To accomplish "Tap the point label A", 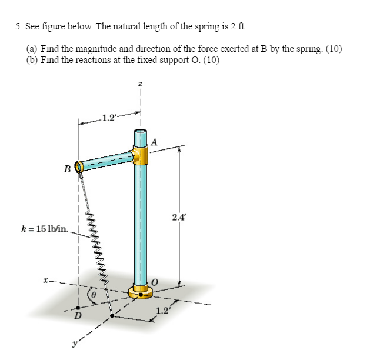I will coord(154,141).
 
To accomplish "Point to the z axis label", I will coord(141,85).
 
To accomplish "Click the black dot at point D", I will coord(78,306).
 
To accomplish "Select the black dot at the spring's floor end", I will coord(112,316).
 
